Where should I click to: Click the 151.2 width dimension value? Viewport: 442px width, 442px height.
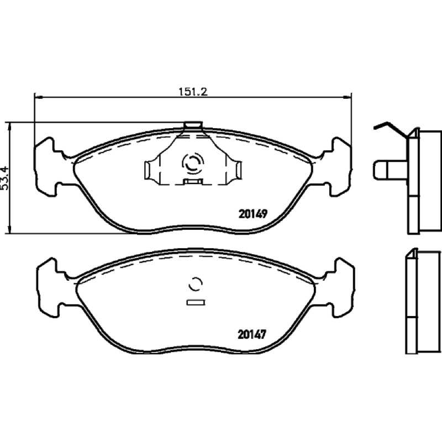(193, 92)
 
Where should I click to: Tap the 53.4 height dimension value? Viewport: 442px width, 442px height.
(5, 178)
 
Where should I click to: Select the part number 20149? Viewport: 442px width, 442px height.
(252, 214)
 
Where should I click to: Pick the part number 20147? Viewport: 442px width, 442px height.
(252, 335)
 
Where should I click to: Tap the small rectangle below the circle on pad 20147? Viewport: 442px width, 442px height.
(196, 302)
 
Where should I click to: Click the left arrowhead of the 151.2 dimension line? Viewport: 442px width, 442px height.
(38, 97)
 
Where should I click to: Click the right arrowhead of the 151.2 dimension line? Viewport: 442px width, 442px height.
(348, 97)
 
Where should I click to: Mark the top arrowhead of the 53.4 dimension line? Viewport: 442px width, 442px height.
(10, 127)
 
